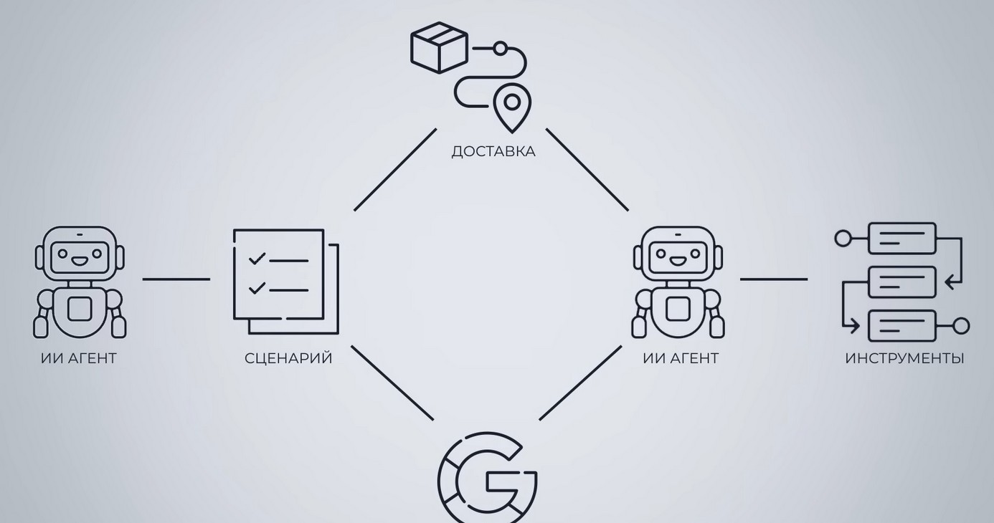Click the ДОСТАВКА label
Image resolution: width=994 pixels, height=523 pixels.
493,152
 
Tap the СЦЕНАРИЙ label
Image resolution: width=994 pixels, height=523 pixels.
288,358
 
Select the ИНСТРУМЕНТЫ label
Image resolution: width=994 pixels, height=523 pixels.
904,358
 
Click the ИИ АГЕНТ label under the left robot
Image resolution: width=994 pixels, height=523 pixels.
79,358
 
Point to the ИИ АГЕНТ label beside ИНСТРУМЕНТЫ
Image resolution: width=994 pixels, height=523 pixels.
681,358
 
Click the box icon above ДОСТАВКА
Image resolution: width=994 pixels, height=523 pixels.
439,47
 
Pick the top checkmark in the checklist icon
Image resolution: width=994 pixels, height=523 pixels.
257,259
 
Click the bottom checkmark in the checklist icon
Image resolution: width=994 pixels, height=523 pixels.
257,288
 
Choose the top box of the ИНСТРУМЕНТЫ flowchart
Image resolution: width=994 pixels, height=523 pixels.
902,239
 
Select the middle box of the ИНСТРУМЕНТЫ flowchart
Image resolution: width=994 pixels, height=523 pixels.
902,282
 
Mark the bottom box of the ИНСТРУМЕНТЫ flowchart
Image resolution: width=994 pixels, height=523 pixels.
902,326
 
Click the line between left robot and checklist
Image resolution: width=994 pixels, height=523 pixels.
176,279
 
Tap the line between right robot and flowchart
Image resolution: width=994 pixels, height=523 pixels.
774,279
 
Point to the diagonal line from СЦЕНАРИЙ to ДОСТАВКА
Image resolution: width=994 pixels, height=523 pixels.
395,170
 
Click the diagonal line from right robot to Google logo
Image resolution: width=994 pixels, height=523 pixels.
580,383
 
